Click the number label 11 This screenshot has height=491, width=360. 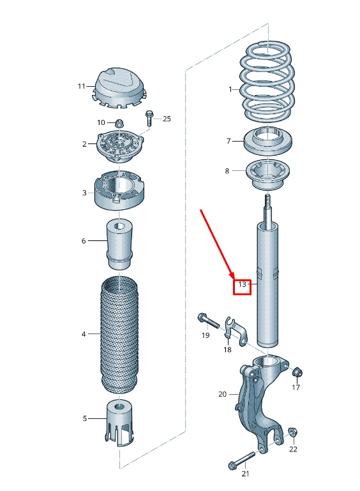click(81, 85)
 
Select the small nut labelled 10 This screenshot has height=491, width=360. click(119, 122)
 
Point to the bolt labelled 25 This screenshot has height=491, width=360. click(150, 118)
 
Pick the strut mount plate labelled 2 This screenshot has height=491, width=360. click(119, 145)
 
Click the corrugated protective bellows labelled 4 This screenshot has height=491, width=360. click(119, 335)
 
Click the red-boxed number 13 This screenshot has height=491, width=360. click(242, 284)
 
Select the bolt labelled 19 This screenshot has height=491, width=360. click(208, 320)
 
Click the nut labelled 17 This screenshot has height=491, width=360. click(297, 372)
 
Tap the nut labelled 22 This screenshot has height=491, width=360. click(292, 432)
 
